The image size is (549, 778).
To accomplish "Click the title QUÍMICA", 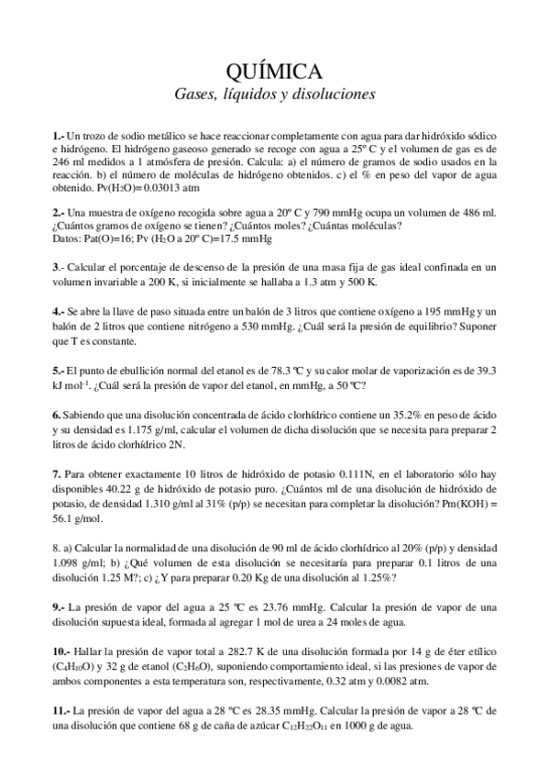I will coord(274,72).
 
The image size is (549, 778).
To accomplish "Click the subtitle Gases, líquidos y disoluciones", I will coord(274,94).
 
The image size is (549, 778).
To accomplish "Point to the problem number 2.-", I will coord(59,212).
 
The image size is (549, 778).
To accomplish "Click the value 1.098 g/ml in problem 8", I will coord(75,562).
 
